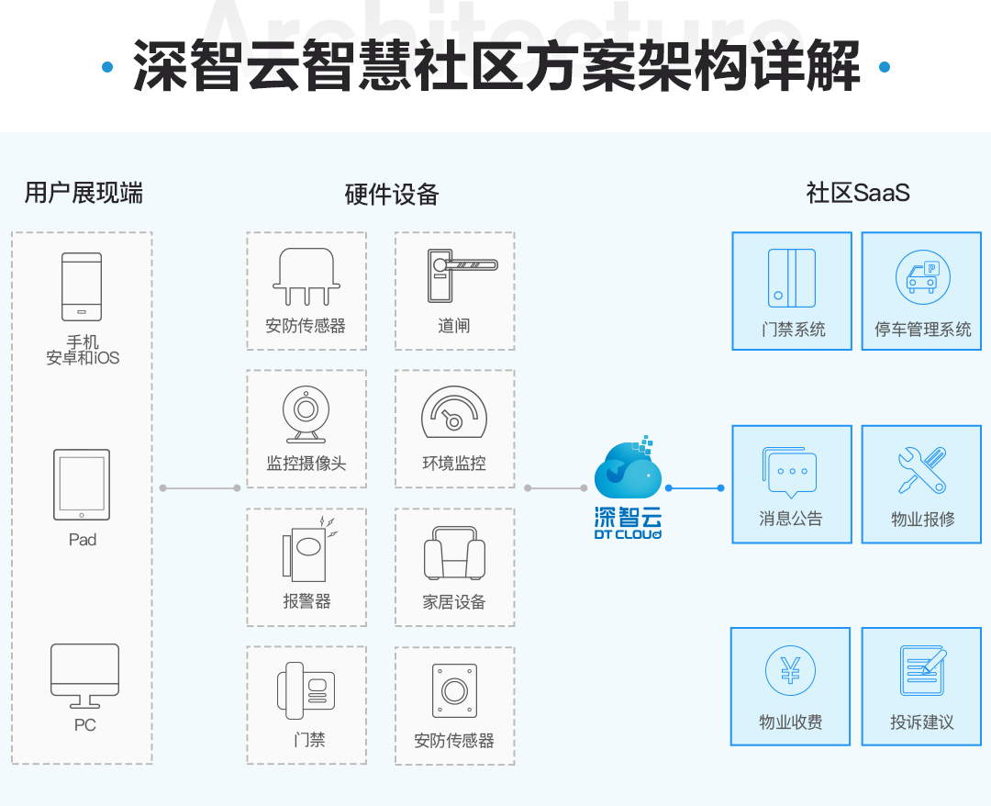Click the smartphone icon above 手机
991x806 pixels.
pyautogui.click(x=82, y=286)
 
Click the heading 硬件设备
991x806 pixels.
pyautogui.click(x=392, y=195)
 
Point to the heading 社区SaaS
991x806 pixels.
pyautogui.click(x=858, y=193)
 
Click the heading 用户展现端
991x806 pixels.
pyautogui.click(x=84, y=193)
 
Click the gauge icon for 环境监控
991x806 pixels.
pyautogui.click(x=453, y=412)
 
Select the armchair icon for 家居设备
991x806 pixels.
pyautogui.click(x=454, y=554)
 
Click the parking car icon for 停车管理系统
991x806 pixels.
pyautogui.click(x=922, y=277)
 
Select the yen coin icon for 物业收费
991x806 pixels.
pyautogui.click(x=790, y=671)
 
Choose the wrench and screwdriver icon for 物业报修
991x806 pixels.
pyautogui.click(x=921, y=470)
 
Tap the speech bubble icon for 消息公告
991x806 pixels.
pyautogui.click(x=789, y=471)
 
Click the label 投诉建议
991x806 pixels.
pyautogui.click(x=921, y=722)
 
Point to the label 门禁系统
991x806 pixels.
pyautogui.click(x=793, y=330)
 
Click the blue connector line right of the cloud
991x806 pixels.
pyautogui.click(x=695, y=487)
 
